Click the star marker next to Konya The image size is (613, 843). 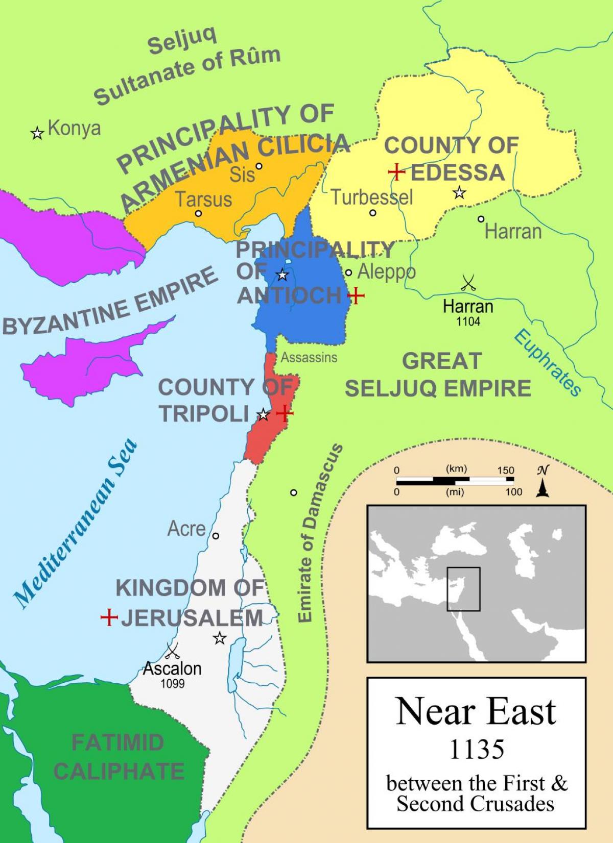(x=37, y=134)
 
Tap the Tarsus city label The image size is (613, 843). (x=204, y=199)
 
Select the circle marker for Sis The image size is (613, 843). (x=259, y=166)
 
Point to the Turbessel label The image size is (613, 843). (x=372, y=197)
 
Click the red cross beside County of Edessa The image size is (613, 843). (x=396, y=172)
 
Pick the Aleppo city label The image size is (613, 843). (x=386, y=272)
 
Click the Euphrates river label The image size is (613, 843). (x=547, y=363)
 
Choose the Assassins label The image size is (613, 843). (x=309, y=357)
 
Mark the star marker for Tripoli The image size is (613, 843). (x=263, y=414)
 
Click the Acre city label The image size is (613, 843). (x=186, y=529)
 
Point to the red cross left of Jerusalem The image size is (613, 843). (x=109, y=618)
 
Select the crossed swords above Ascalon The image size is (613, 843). (x=172, y=651)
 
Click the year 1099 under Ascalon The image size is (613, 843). (x=173, y=683)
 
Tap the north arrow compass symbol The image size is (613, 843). (x=543, y=482)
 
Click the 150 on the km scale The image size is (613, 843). (x=506, y=470)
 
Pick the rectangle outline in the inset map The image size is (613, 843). (x=463, y=589)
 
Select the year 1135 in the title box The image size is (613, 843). (x=477, y=749)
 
